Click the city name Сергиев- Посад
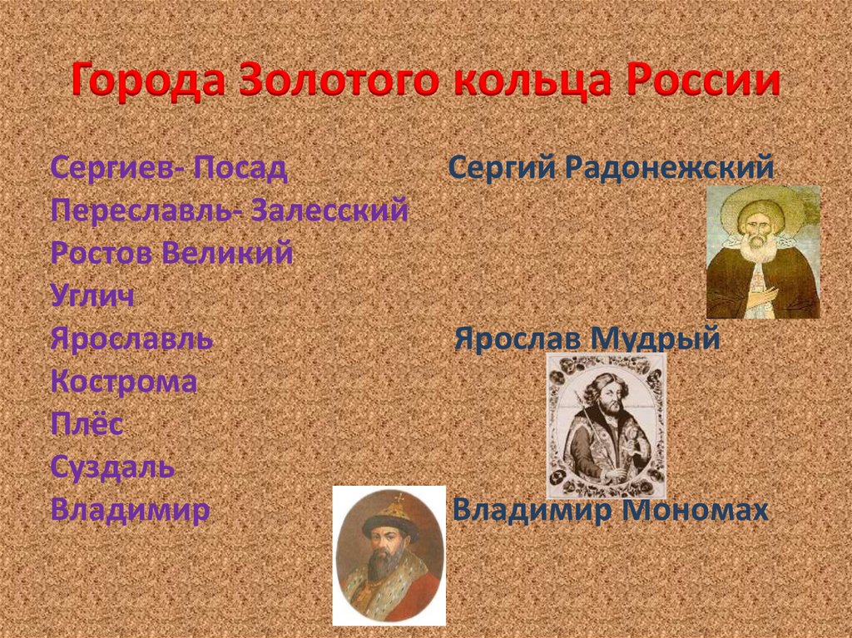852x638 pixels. pyautogui.click(x=169, y=168)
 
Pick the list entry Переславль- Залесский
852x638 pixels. pyautogui.click(x=229, y=210)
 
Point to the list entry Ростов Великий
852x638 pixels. pyautogui.click(x=171, y=253)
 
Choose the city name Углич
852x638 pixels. pyautogui.click(x=92, y=296)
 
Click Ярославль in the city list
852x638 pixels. pyautogui.click(x=131, y=339)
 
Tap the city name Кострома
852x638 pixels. pyautogui.click(x=124, y=382)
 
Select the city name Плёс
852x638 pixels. pyautogui.click(x=87, y=425)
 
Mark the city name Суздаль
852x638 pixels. pyautogui.click(x=112, y=467)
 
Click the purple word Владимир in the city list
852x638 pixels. pyautogui.click(x=129, y=510)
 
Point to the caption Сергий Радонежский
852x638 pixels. pyautogui.click(x=612, y=169)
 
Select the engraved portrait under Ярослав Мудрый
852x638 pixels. pyautogui.click(x=606, y=424)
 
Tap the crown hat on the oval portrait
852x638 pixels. pyautogui.click(x=389, y=513)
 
